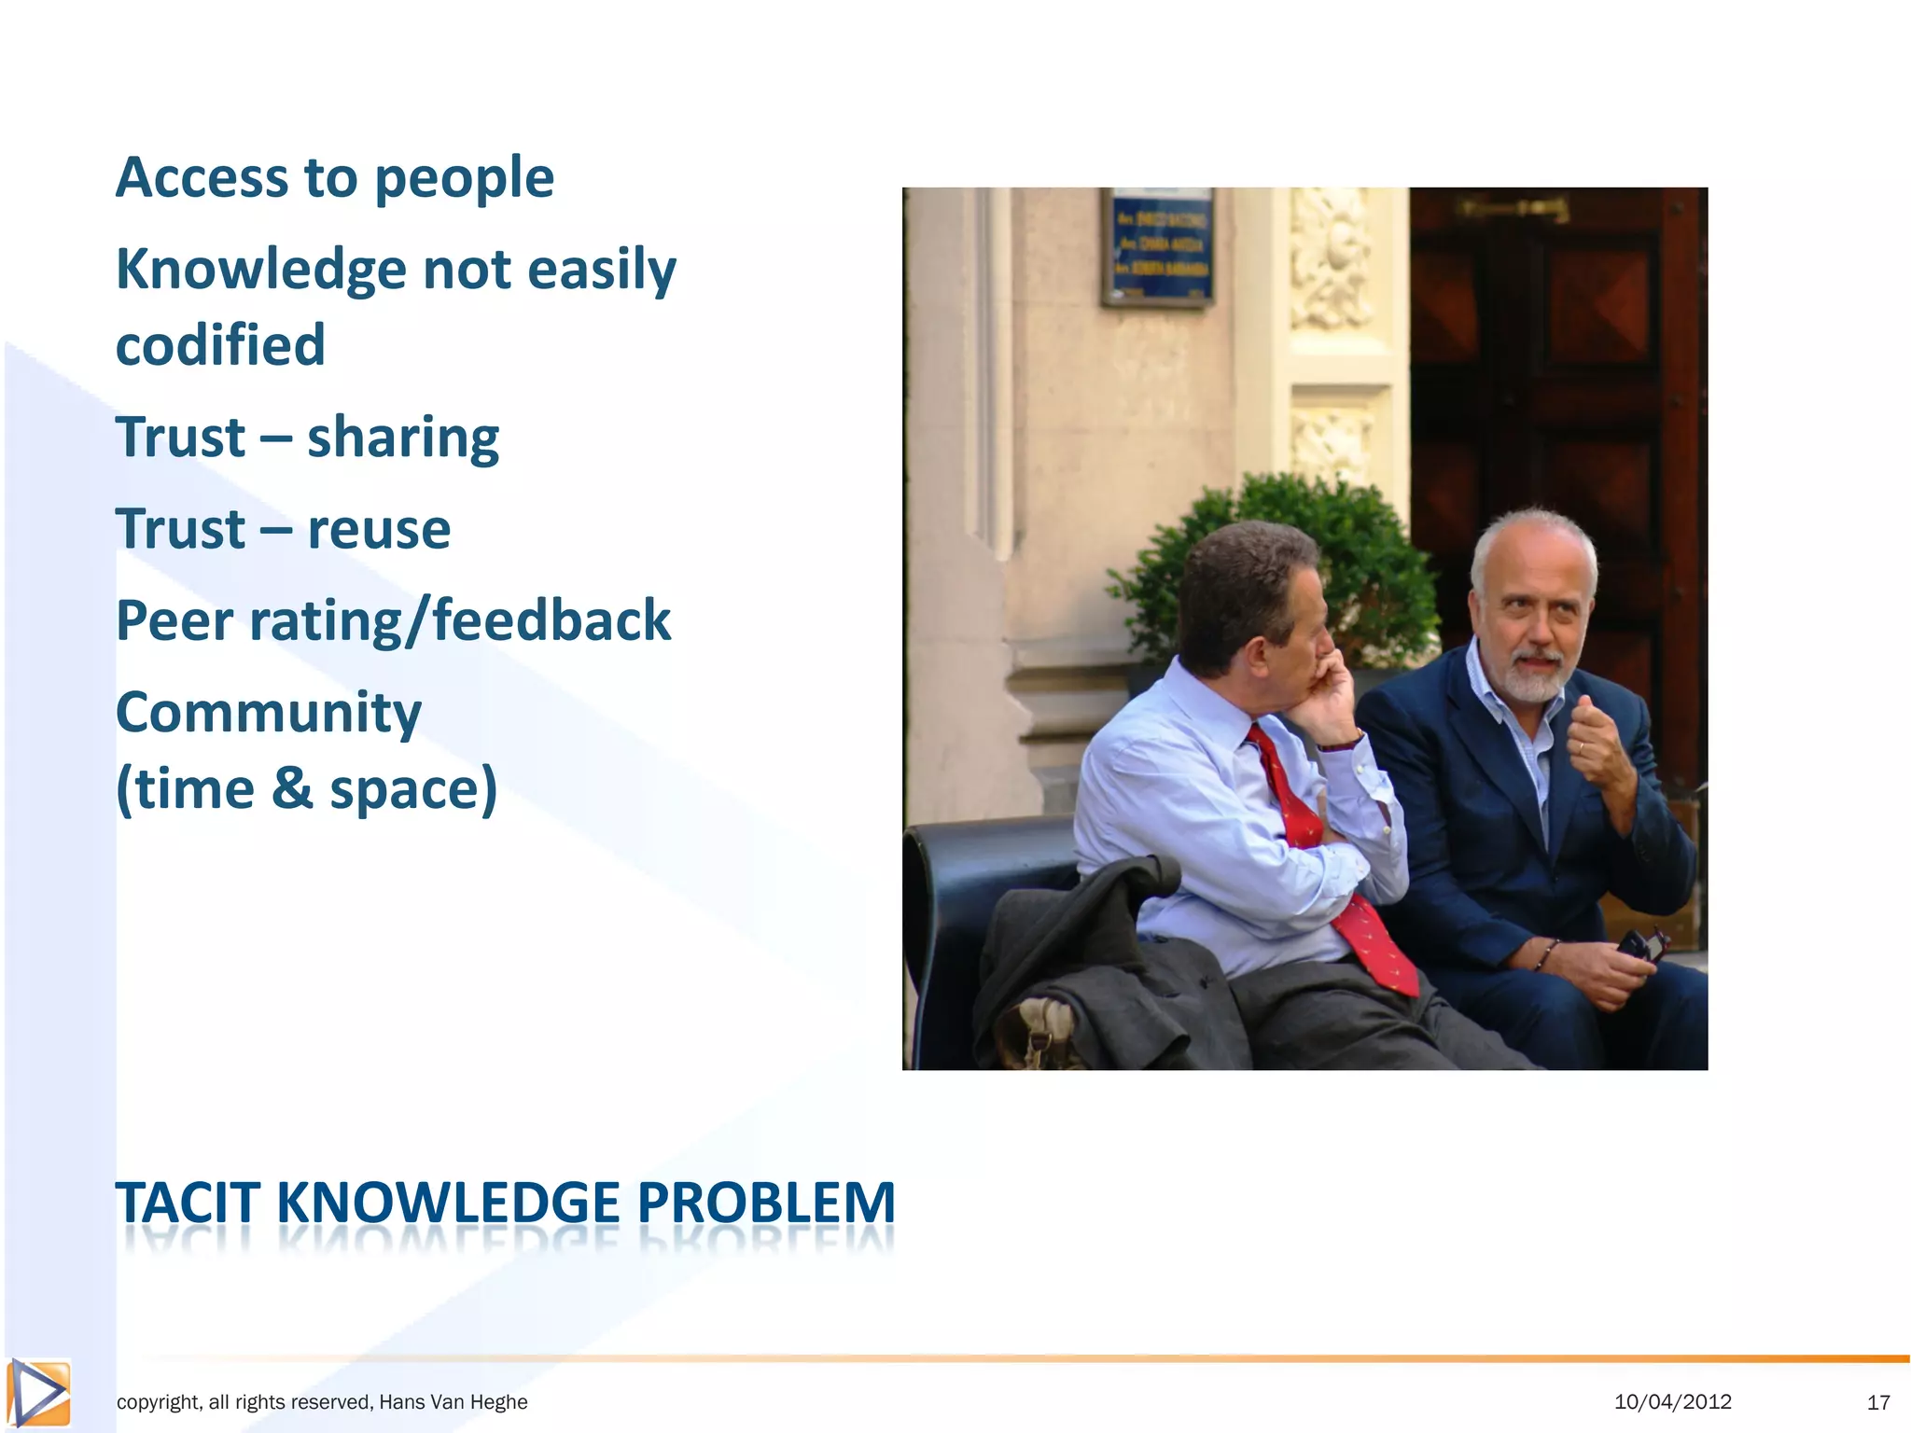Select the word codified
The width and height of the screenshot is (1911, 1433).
point(220,345)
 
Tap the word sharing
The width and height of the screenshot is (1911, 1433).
point(403,437)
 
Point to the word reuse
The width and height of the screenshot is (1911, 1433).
point(379,529)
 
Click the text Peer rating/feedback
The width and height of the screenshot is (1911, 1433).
point(393,620)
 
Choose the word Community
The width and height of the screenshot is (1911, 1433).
point(269,713)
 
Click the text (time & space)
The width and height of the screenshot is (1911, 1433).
point(306,788)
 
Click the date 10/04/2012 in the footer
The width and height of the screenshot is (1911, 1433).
point(1672,1401)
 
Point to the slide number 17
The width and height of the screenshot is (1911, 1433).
point(1877,1402)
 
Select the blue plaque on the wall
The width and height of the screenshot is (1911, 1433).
point(1158,246)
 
